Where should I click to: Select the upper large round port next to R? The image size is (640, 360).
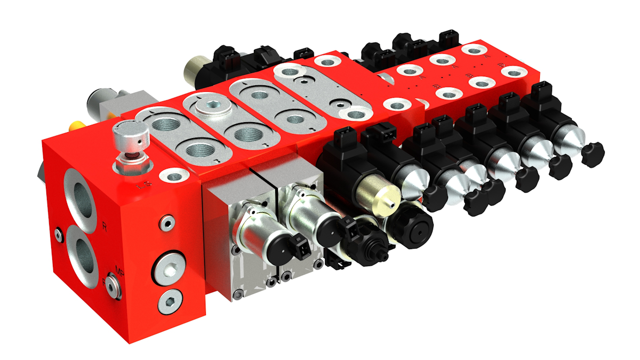point(81,196)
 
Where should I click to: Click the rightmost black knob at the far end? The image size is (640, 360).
point(592,154)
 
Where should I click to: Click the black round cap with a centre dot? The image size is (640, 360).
point(417,229)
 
